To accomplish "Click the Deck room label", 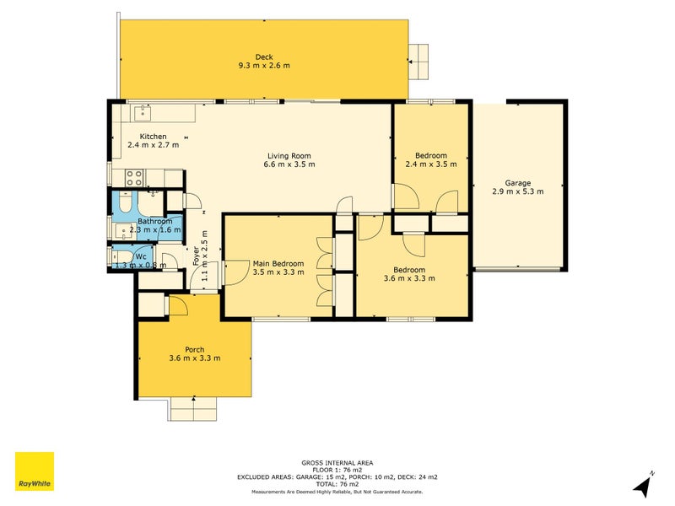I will tap(264, 57).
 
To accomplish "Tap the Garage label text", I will tap(517, 182).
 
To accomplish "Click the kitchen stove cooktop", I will tap(133, 177).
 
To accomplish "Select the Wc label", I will tap(141, 256).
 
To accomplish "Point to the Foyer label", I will tap(196, 256).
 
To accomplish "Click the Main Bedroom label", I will tap(278, 264).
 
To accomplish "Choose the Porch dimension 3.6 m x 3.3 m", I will tap(194, 358).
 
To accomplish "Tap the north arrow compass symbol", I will tap(643, 485).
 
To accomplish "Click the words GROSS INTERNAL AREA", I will tap(337, 462).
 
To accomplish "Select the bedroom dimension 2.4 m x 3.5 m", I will tap(430, 164).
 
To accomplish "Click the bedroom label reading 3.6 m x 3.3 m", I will tap(409, 278).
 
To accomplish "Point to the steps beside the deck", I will tap(418, 61).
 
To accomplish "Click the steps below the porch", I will tap(194, 409).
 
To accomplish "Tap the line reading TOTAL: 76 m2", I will tap(337, 483).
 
